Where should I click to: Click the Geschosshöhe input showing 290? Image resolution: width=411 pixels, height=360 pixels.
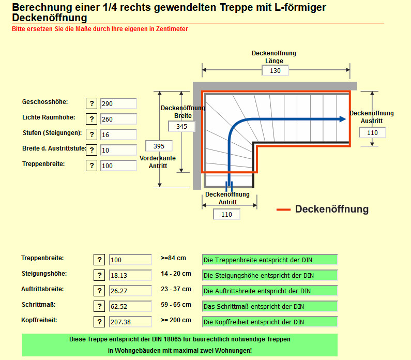pyautogui.click(x=118, y=103)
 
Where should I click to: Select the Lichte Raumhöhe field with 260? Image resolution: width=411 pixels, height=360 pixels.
pyautogui.click(x=118, y=119)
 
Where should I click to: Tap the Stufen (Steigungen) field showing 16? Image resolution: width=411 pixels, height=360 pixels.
pyautogui.click(x=118, y=134)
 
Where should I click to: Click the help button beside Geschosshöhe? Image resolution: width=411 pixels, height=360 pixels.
pyautogui.click(x=92, y=103)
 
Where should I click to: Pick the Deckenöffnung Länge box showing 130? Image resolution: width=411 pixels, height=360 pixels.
pyautogui.click(x=275, y=70)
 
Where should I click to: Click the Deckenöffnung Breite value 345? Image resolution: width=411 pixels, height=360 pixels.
pyautogui.click(x=182, y=126)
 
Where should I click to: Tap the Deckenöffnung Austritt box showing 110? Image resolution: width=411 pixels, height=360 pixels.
pyautogui.click(x=372, y=132)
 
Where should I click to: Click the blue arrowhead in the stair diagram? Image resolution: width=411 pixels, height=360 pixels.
pyautogui.click(x=342, y=119)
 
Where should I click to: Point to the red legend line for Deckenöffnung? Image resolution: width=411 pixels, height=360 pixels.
pyautogui.click(x=283, y=209)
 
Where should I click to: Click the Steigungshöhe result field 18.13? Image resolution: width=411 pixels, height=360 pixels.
pyautogui.click(x=130, y=275)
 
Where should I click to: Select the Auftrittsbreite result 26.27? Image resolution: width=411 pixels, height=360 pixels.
pyautogui.click(x=130, y=291)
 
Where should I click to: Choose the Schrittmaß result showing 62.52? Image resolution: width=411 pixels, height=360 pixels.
pyautogui.click(x=130, y=306)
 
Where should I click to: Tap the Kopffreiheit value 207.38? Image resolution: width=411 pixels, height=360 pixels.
pyautogui.click(x=130, y=322)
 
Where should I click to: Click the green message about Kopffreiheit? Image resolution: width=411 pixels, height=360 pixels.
pyautogui.click(x=269, y=322)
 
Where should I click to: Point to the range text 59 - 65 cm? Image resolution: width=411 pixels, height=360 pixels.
pyautogui.click(x=176, y=305)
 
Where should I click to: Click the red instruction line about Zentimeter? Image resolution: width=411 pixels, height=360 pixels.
pyautogui.click(x=100, y=29)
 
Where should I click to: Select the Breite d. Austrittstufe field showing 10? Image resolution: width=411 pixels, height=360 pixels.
pyautogui.click(x=118, y=150)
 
